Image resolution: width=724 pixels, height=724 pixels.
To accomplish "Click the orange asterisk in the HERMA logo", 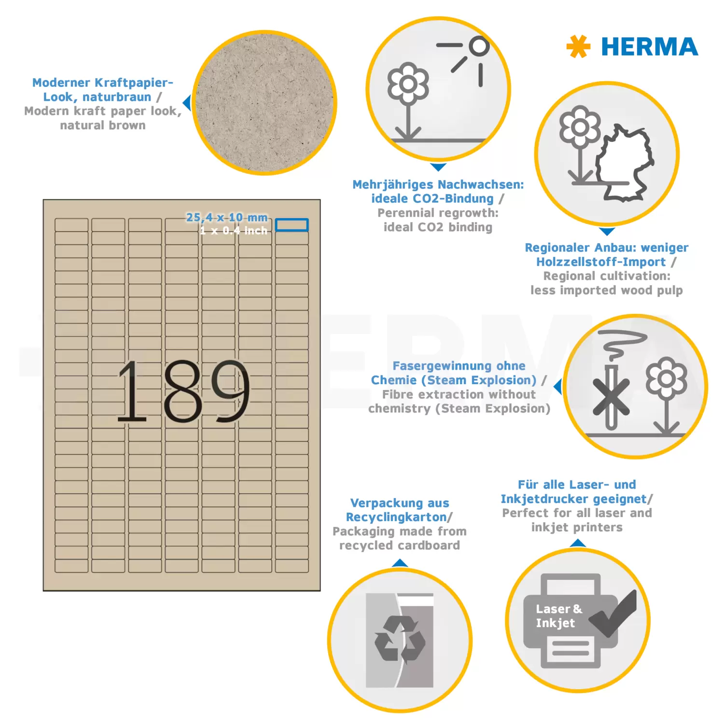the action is tap(578, 47).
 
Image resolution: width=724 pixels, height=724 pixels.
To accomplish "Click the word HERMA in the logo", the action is tap(650, 47).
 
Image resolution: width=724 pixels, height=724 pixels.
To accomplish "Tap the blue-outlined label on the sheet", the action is tap(292, 225).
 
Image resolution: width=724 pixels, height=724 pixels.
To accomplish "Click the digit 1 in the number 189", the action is tap(132, 391).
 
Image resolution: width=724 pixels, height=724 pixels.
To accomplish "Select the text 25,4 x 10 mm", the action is tap(227, 217).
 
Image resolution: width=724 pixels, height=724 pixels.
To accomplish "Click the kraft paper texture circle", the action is tap(265, 103).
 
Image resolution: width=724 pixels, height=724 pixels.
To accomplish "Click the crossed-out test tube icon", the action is tap(611, 397).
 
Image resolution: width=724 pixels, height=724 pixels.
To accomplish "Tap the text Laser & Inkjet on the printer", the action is tap(559, 616).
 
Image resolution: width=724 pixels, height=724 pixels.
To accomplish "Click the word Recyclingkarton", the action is tap(396, 517).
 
